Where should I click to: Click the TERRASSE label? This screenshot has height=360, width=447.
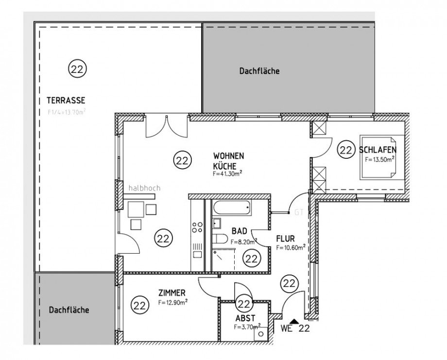[66, 101]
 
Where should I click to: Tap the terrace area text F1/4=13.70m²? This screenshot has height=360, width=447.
[67, 111]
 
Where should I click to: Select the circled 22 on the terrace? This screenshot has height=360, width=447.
[77, 69]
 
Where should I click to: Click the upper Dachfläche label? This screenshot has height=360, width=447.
[259, 71]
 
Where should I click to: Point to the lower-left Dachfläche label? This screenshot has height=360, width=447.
[69, 310]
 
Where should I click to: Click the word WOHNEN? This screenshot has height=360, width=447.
[228, 156]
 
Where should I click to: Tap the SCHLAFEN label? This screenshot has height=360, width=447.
[378, 150]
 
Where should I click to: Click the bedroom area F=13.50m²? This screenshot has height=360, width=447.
[379, 159]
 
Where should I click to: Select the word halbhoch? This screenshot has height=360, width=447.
[144, 188]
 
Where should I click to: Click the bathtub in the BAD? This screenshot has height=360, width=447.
[232, 208]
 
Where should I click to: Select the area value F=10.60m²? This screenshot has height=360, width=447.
[291, 247]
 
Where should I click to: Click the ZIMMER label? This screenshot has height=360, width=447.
[171, 293]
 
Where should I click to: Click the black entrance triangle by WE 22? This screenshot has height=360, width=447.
[293, 321]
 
